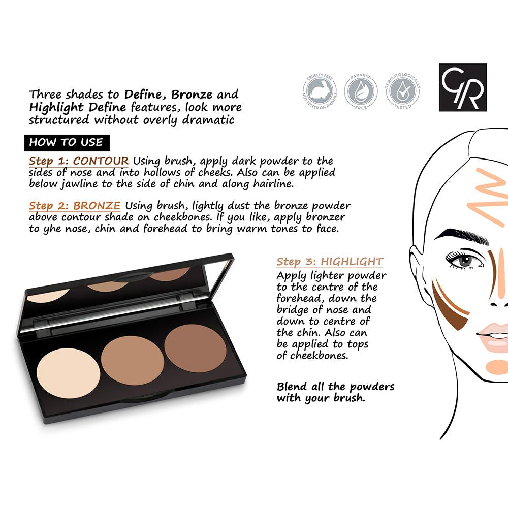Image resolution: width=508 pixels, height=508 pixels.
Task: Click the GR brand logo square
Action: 463,87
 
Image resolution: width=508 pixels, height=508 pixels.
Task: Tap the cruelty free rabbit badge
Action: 320,91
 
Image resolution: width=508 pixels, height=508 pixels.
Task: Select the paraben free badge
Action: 361,91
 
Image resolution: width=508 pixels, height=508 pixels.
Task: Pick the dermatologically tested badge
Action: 403,91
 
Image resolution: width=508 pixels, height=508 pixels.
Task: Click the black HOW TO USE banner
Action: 67,143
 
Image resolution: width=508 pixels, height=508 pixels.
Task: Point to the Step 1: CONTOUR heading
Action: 79,161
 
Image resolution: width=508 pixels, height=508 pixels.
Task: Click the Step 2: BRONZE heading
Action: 75,206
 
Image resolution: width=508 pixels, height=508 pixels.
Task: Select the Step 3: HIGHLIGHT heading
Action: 330,262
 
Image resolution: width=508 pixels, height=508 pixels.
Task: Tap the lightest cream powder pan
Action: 69,373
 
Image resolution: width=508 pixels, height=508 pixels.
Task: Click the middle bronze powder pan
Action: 133,361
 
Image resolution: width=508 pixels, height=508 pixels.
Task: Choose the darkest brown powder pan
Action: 196,348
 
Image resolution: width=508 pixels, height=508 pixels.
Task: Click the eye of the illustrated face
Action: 465,260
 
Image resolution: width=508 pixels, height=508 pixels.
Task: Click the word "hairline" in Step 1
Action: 273,184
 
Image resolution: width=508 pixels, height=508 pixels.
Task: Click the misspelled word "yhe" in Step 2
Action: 52,229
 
